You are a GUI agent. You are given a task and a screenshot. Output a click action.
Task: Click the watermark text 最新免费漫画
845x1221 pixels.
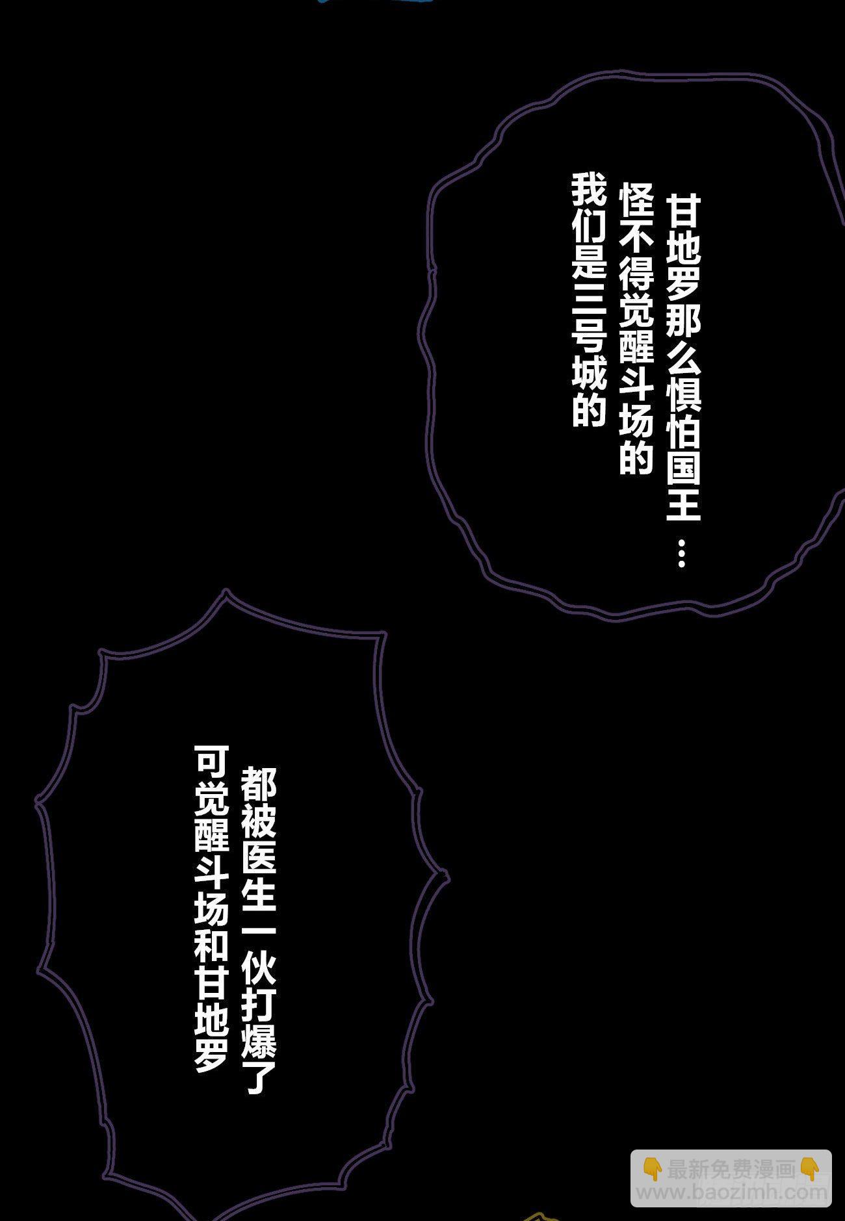731,1170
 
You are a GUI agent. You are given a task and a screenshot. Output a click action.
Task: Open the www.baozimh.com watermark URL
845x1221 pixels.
731,1192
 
